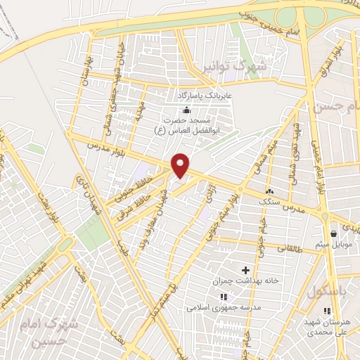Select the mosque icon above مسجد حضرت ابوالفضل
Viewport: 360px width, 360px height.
pyautogui.click(x=186, y=110)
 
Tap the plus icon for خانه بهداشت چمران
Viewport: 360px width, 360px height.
pyautogui.click(x=245, y=270)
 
